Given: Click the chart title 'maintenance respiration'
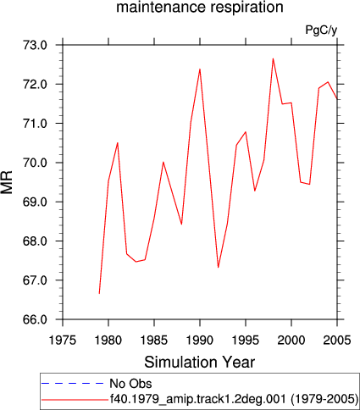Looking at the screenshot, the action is [200, 7].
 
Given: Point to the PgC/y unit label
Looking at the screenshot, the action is [321, 30].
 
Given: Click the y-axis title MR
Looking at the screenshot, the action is [7, 182].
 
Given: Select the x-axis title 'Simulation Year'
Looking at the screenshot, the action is [200, 362].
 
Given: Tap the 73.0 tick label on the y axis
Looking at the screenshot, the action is [35, 45].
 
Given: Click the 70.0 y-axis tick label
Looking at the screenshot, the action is [35, 163].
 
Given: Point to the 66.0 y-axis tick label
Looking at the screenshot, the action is [35, 319].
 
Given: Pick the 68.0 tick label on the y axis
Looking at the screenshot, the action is [35, 241].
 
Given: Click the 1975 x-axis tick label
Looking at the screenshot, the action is [63, 340].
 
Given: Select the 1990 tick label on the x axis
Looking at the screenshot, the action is [200, 340].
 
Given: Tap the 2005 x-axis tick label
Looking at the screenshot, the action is [337, 340].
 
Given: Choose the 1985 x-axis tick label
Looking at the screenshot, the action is [154, 340].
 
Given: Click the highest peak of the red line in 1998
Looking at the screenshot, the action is [273, 58].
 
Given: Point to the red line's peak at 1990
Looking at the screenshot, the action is [200, 69].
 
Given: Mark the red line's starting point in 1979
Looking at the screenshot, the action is [99, 293].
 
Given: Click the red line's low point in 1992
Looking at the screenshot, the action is [219, 268].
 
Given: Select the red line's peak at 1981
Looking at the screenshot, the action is [118, 142].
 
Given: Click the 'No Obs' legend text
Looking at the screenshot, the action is [130, 384].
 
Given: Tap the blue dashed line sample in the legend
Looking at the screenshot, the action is [73, 384].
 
